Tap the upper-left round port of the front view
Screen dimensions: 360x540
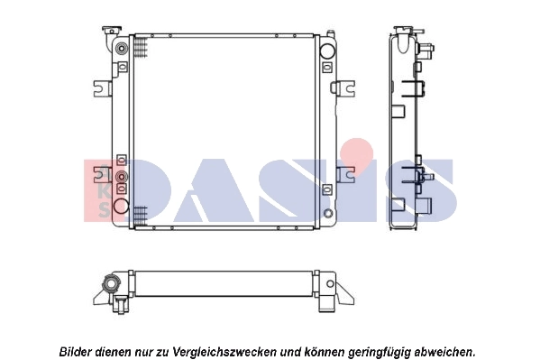[x=120, y=48]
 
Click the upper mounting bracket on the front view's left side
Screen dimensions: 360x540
[x=102, y=88]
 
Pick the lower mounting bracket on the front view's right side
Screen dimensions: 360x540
[x=344, y=174]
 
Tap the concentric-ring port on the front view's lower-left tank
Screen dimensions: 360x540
[x=121, y=177]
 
